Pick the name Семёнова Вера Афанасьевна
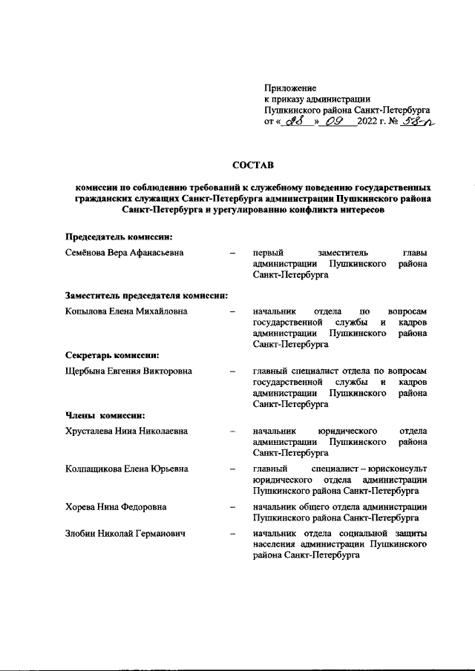pyautogui.click(x=125, y=254)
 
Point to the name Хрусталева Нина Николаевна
pyautogui.click(x=126, y=430)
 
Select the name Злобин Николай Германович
pyautogui.click(x=124, y=533)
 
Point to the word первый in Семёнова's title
pyautogui.click(x=266, y=254)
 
